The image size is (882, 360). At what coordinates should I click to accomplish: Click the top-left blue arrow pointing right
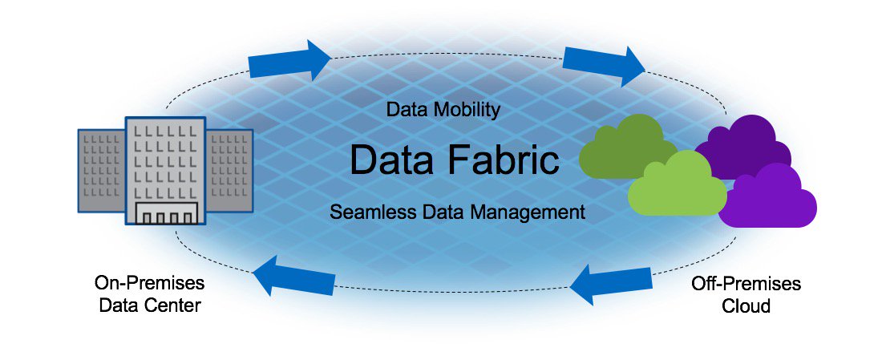coord(289,60)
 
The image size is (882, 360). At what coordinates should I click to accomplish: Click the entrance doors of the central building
coord(165,215)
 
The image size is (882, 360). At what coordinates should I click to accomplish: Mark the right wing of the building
coord(230,168)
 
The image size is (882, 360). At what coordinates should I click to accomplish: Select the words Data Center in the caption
coord(149,305)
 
